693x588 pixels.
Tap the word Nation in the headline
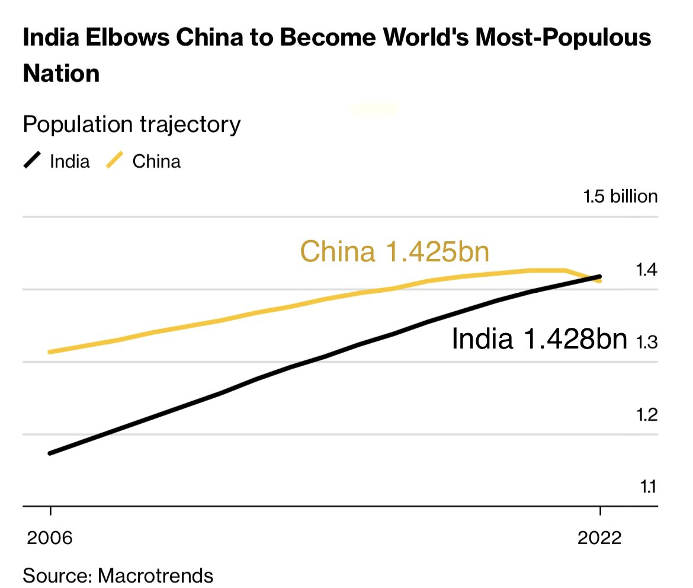pyautogui.click(x=61, y=73)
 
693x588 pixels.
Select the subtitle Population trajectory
pyautogui.click(x=131, y=124)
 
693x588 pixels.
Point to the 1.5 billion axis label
pyautogui.click(x=620, y=196)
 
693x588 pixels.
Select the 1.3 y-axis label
pyautogui.click(x=647, y=343)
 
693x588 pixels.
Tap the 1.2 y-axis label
pyautogui.click(x=647, y=415)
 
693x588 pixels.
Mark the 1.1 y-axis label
pyautogui.click(x=648, y=487)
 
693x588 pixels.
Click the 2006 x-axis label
pyautogui.click(x=50, y=538)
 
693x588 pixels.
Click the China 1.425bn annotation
pyautogui.click(x=395, y=251)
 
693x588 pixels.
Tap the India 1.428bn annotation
pyautogui.click(x=539, y=340)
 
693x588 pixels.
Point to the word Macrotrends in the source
pyautogui.click(x=155, y=574)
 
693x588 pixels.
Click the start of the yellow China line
pyautogui.click(x=51, y=351)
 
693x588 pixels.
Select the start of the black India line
pyautogui.click(x=51, y=453)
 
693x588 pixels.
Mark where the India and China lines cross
pyautogui.click(x=594, y=278)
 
